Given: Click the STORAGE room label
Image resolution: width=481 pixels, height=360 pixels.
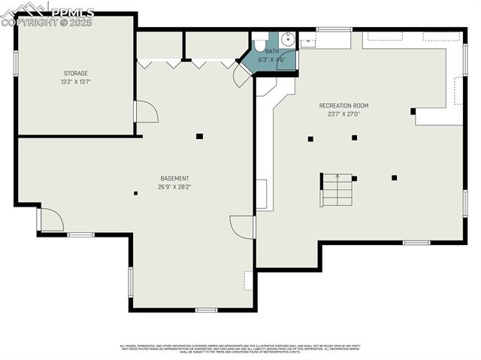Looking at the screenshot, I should click(x=75, y=73).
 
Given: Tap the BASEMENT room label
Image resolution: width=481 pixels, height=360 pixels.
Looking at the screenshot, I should click(x=174, y=178).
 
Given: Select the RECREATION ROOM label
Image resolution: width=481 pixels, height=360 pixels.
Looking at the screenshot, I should click(x=343, y=105).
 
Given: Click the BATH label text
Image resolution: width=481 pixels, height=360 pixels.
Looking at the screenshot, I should click(x=271, y=51).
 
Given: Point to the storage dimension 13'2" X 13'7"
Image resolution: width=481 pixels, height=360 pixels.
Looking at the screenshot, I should click(x=75, y=82).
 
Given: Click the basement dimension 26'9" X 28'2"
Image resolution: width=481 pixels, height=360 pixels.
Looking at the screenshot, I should click(x=174, y=186).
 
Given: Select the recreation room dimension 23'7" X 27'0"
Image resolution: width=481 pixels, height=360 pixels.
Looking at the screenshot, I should click(x=343, y=114).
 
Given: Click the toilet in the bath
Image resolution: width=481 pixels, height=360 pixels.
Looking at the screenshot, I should click(x=260, y=41).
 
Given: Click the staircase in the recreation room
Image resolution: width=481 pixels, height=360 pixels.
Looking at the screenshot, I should click(x=337, y=190).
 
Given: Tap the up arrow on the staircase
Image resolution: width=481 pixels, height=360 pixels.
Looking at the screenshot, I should click(x=337, y=179).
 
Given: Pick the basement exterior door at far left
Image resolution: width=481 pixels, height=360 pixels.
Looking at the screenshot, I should click(x=50, y=219).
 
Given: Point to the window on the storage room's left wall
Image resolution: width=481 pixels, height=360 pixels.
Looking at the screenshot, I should click(x=15, y=63).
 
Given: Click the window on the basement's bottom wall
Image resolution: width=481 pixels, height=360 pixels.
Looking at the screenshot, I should click(x=206, y=310).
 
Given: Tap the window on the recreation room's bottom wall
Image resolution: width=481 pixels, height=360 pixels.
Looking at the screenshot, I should click(x=416, y=243).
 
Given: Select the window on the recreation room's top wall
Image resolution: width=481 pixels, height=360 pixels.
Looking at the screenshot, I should click(x=334, y=29).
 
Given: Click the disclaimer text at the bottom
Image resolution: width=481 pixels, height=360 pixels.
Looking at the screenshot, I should click(x=240, y=349).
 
